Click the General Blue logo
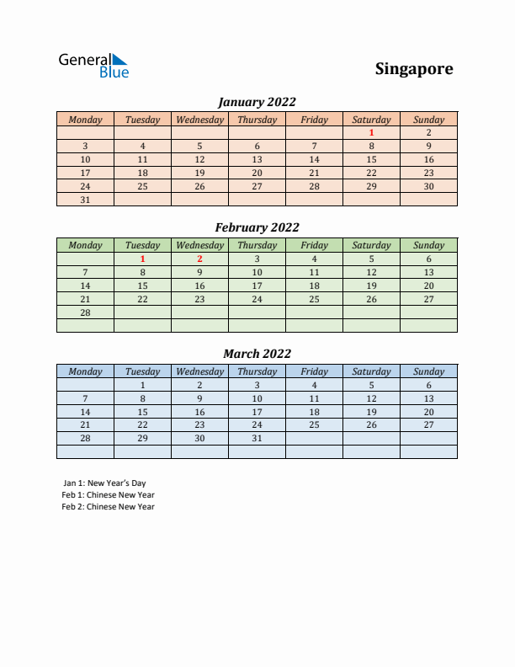[x=93, y=66]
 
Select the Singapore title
[x=413, y=69]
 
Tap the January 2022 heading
[x=257, y=102]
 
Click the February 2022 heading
[x=257, y=227]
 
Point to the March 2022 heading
[x=257, y=354]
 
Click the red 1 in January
[x=371, y=132]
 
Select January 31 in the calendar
[x=85, y=200]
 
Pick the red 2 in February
[x=199, y=259]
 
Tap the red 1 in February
[x=142, y=259]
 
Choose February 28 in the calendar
[x=85, y=312]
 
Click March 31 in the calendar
[x=257, y=439]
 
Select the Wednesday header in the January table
[x=199, y=120]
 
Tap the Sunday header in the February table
[x=428, y=245]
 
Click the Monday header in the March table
[x=85, y=371]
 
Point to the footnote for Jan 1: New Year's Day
[x=104, y=483]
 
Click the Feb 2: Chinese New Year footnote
[x=108, y=507]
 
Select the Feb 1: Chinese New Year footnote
[x=108, y=495]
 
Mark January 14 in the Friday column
[x=314, y=159]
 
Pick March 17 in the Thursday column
[x=257, y=412]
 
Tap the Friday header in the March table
[x=314, y=371]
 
